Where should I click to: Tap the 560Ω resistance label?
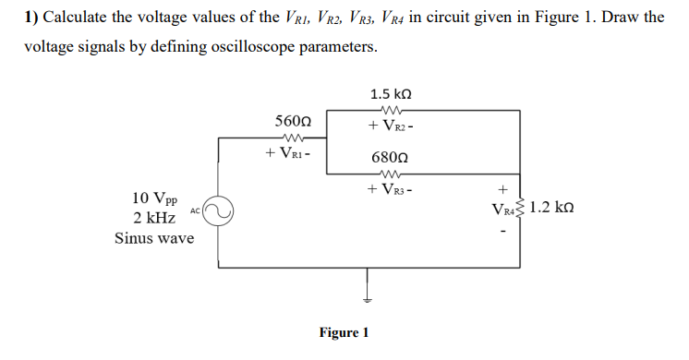click(293, 122)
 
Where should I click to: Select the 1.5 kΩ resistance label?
click(390, 94)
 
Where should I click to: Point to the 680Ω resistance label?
click(390, 158)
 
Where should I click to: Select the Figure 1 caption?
click(344, 332)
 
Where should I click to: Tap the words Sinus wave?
click(154, 238)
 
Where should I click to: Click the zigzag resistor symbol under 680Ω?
click(389, 174)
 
